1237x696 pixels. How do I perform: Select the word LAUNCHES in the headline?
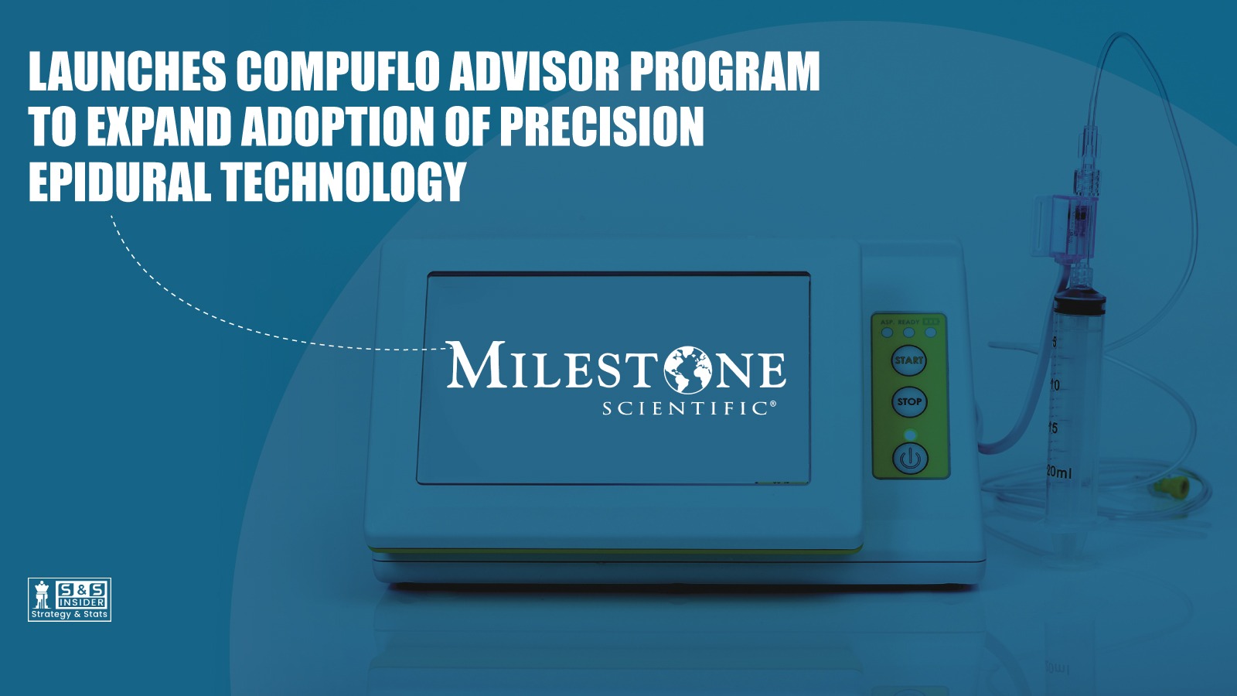[x=128, y=72]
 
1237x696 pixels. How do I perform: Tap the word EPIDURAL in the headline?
[x=119, y=183]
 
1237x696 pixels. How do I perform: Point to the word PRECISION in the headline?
[x=601, y=128]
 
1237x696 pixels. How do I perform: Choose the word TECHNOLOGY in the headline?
[x=344, y=183]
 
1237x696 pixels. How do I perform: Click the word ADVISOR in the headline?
[x=534, y=72]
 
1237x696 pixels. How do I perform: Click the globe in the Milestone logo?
[x=687, y=369]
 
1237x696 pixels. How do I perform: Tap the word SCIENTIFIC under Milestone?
[x=687, y=408]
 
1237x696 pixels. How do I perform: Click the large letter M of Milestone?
[x=475, y=365]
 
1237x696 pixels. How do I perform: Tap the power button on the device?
[x=910, y=458]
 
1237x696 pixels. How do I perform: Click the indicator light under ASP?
[x=888, y=333]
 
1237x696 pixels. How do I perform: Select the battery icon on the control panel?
[x=931, y=322]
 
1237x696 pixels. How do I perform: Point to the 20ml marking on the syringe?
[x=1059, y=471]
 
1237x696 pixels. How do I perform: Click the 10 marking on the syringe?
[x=1054, y=385]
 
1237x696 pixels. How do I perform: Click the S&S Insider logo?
[x=70, y=599]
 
